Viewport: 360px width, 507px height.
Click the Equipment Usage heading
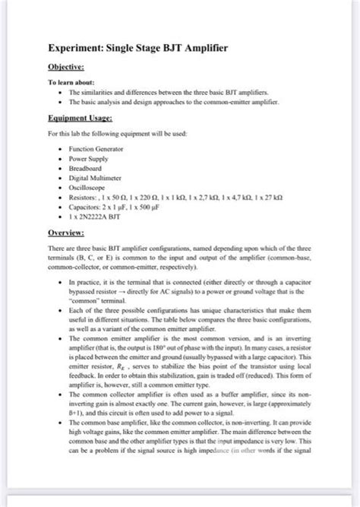pos(80,119)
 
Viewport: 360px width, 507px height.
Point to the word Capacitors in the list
pos(87,205)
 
